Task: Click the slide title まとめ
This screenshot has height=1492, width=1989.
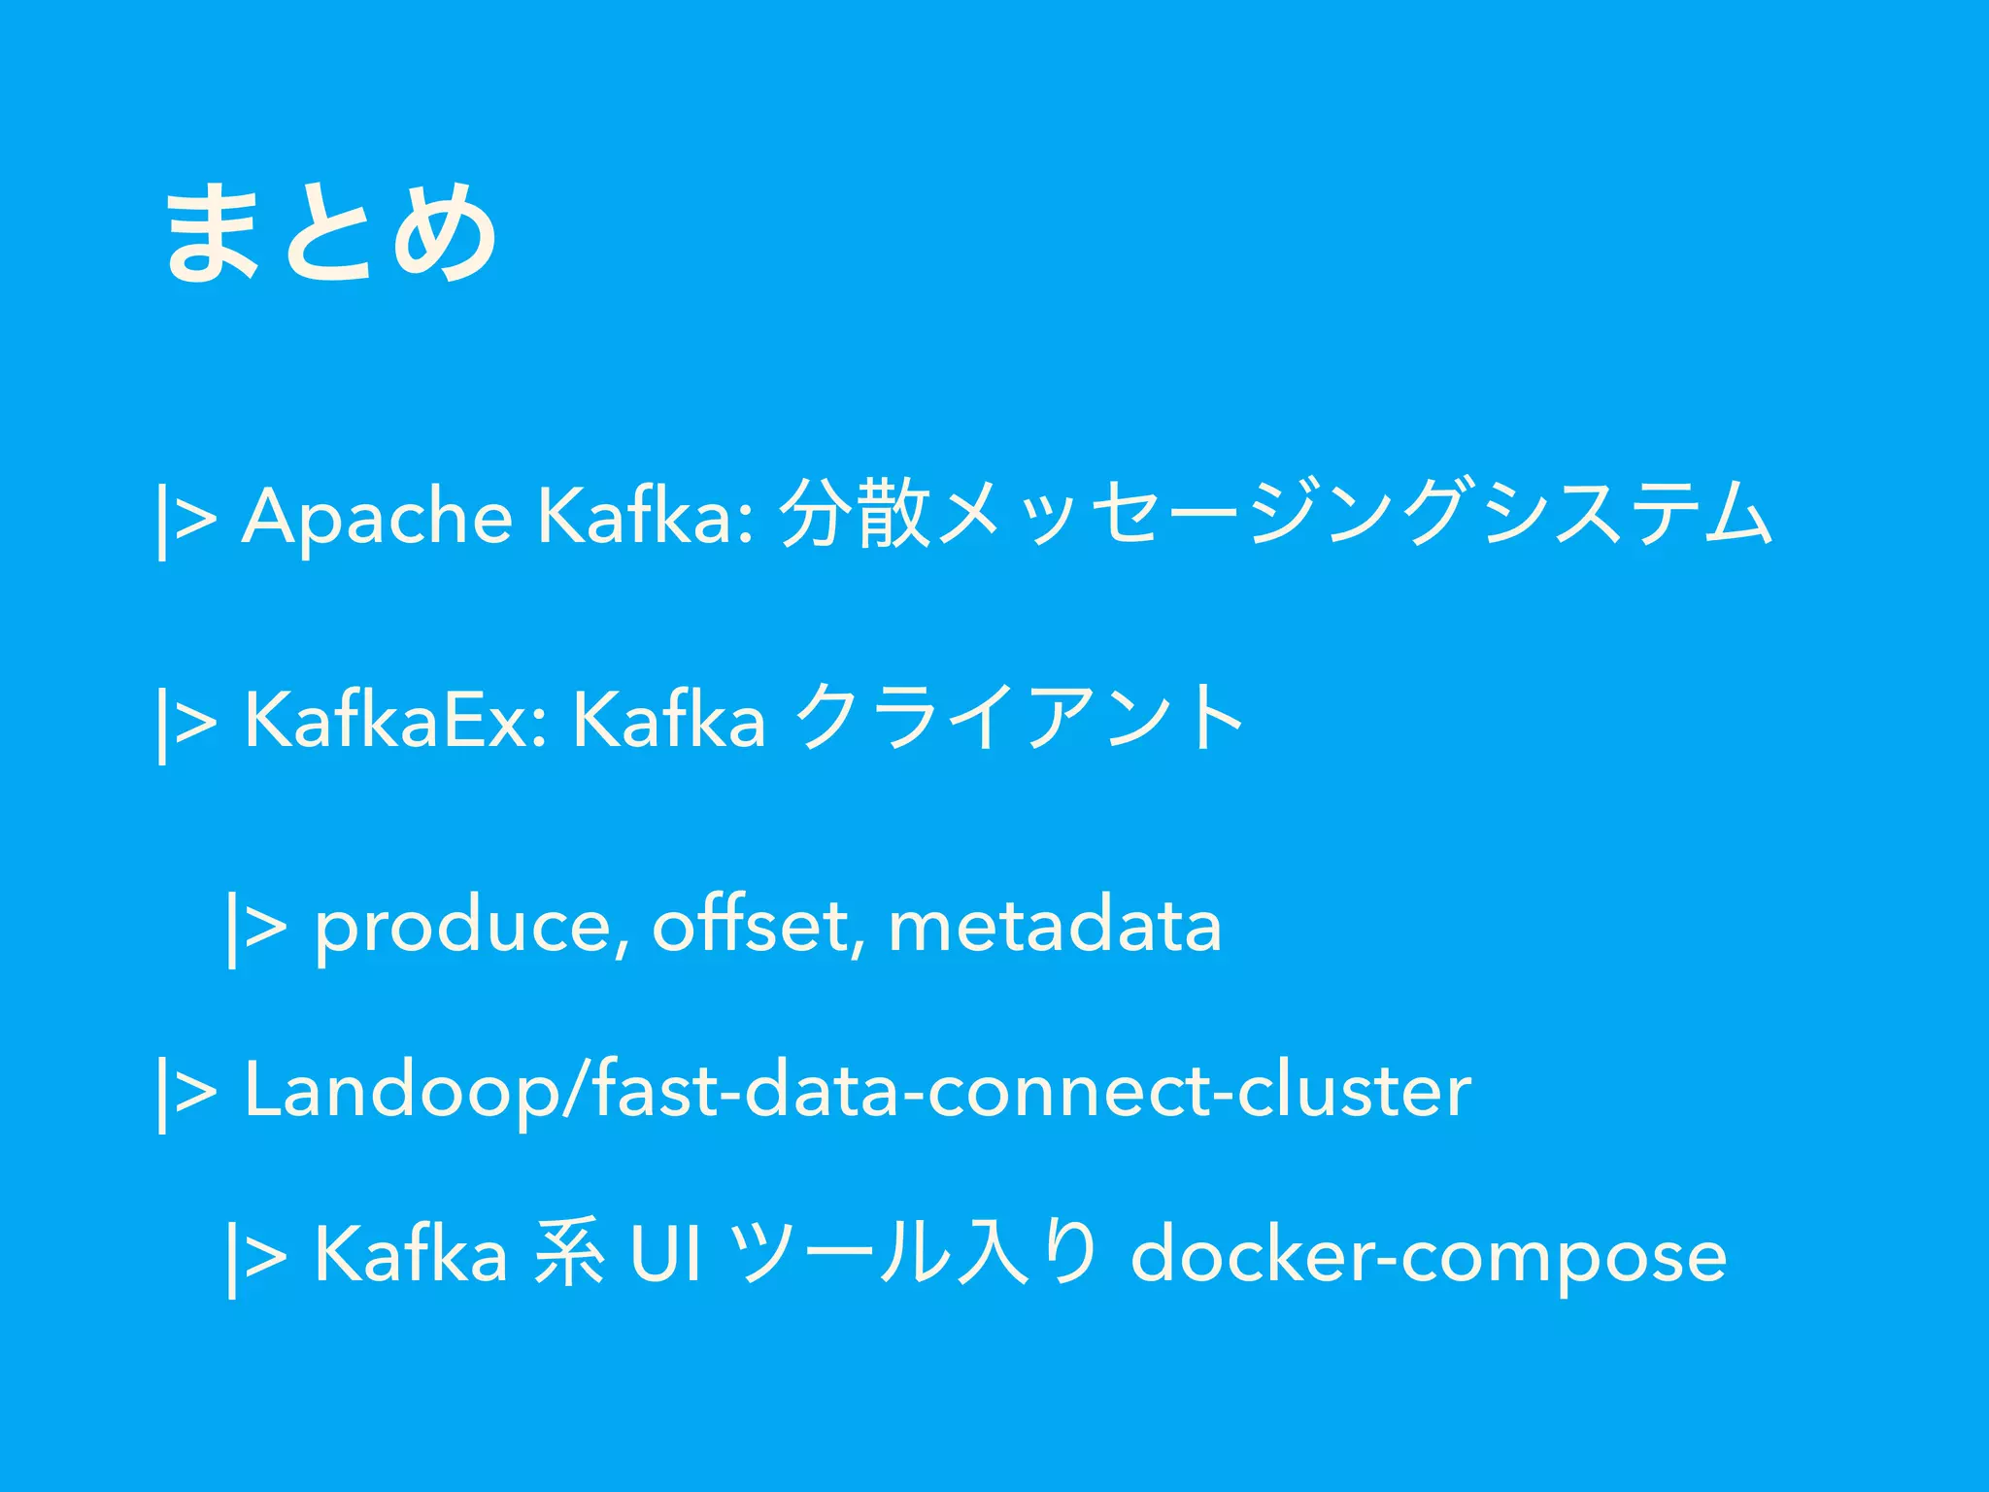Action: point(330,234)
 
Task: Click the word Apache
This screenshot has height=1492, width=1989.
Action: point(377,517)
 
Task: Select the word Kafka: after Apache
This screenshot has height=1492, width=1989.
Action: point(645,517)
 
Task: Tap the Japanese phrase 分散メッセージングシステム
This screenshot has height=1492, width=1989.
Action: point(1276,515)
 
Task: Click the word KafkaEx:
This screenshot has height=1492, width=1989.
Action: point(396,721)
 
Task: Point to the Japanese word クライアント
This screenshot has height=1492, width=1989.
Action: point(1020,719)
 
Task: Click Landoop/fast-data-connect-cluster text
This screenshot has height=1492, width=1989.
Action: point(857,1092)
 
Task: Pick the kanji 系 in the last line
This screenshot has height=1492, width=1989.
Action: point(570,1255)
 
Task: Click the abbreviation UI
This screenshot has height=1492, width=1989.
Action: point(665,1255)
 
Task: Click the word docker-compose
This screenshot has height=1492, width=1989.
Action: point(1428,1257)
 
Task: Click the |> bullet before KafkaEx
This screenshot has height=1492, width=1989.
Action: point(185,724)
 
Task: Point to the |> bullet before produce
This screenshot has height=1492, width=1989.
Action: point(255,929)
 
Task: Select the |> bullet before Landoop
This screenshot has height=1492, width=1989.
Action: point(185,1094)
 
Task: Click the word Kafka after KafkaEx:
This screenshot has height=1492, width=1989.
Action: point(669,721)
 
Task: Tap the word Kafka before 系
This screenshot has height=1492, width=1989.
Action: point(410,1255)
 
